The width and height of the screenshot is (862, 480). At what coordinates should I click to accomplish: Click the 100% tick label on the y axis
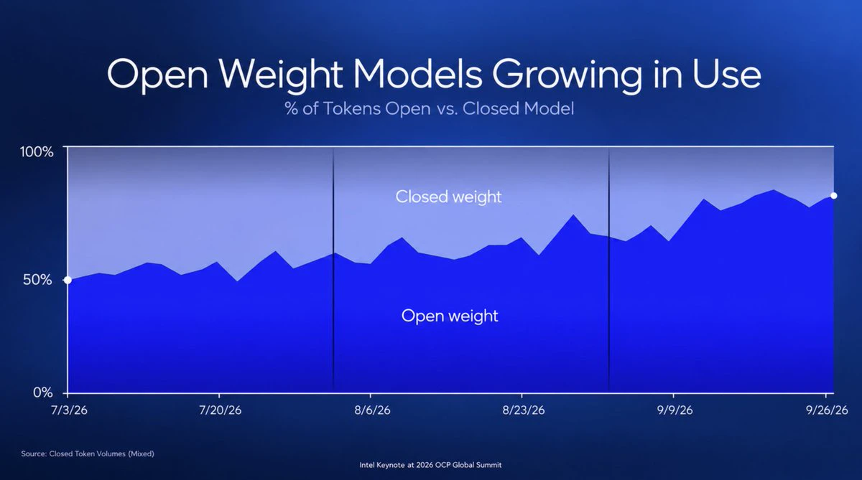point(37,152)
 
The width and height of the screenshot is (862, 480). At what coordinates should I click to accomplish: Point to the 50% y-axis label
point(37,280)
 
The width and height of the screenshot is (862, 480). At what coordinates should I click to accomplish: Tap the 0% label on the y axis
point(42,392)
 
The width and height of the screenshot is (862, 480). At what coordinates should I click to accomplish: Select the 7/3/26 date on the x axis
point(69,410)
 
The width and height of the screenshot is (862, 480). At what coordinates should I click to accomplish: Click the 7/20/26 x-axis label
point(220,410)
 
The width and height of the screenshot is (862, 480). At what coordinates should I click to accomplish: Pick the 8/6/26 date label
point(372,410)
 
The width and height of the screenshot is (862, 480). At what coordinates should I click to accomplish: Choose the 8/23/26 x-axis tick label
point(524,410)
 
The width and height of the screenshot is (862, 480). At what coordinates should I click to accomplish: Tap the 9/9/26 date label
point(675,410)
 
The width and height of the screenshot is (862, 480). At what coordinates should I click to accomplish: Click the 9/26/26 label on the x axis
point(827,410)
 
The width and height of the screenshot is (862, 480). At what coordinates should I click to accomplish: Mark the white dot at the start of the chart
point(68,280)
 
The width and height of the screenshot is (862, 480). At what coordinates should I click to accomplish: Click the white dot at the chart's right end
point(833,196)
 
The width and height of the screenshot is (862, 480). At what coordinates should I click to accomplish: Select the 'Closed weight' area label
point(448,197)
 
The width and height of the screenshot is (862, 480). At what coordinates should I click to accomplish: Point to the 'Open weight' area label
point(450,316)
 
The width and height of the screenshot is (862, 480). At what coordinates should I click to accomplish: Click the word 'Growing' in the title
point(567,75)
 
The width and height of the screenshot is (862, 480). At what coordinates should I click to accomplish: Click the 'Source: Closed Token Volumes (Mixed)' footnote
point(88,453)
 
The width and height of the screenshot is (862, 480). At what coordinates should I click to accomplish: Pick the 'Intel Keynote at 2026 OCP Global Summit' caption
point(430,465)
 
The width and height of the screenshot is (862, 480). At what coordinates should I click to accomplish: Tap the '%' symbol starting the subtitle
point(292,108)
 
